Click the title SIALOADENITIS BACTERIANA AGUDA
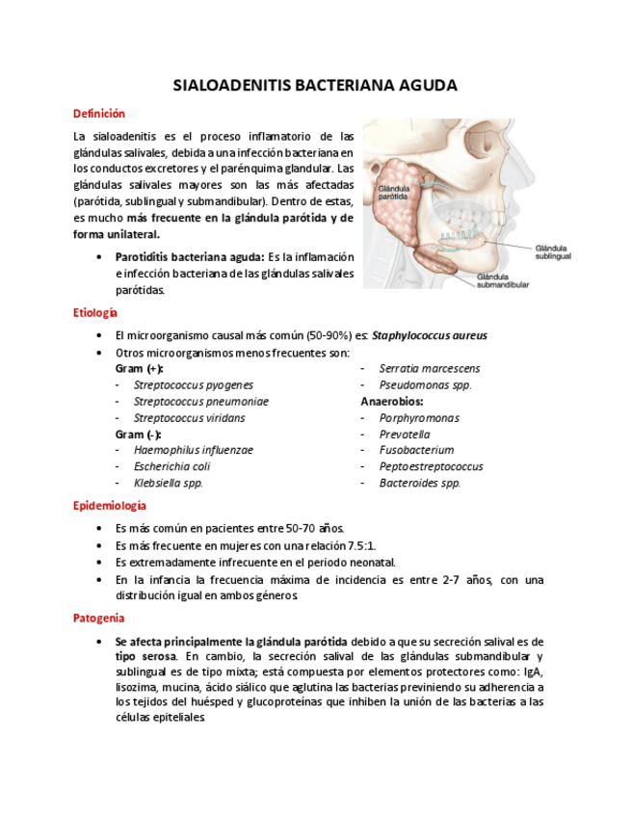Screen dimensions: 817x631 315,86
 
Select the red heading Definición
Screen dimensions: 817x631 99,114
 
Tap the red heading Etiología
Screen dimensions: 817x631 95,313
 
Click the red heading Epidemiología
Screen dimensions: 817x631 110,505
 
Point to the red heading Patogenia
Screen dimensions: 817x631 98,618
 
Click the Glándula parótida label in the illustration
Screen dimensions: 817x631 394,191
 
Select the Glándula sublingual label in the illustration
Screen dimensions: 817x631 554,252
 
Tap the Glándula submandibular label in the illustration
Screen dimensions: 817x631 502,281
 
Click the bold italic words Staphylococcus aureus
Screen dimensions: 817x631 430,335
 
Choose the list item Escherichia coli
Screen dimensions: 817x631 171,466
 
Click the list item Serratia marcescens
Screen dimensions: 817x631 430,368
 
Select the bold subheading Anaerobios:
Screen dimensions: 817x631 392,401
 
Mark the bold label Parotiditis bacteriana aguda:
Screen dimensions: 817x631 189,257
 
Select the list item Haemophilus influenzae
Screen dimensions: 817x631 194,450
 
